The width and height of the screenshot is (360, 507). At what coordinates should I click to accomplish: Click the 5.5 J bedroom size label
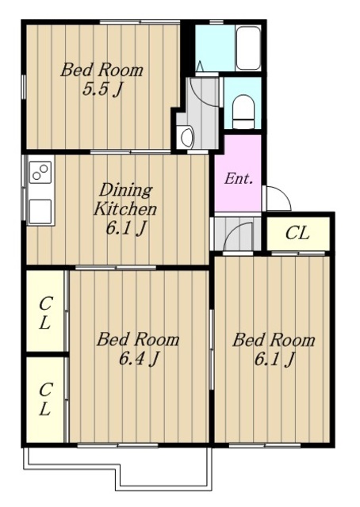[102, 90]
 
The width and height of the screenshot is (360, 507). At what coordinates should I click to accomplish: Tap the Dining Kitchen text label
[125, 200]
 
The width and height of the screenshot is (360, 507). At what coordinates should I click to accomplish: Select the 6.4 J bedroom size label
[139, 358]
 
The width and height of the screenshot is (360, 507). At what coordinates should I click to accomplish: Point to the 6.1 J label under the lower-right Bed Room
[274, 359]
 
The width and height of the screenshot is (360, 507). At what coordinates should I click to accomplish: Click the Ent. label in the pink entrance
[239, 178]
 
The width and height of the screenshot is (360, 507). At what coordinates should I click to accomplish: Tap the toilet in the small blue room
[243, 111]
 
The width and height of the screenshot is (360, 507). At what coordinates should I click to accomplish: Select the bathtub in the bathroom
[248, 48]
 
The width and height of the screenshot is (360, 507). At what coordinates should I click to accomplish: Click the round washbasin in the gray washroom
[187, 137]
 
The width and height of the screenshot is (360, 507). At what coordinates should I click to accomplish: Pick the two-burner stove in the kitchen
[40, 172]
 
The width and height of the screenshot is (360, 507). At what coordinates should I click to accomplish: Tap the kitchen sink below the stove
[40, 211]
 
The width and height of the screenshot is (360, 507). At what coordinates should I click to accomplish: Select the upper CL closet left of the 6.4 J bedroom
[44, 311]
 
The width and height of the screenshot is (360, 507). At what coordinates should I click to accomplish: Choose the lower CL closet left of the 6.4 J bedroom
[44, 399]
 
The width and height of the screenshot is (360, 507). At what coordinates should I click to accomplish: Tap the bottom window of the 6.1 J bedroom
[265, 445]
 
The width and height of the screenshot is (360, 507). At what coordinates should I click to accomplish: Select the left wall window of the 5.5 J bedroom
[23, 86]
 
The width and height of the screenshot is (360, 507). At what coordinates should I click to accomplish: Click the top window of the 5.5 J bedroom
[140, 22]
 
